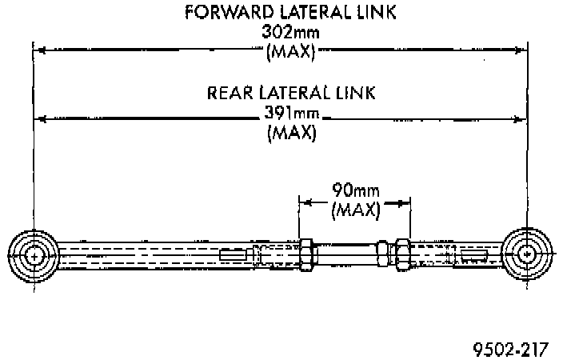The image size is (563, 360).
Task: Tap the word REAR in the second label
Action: click(230, 92)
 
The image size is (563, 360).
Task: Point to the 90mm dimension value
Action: click(354, 192)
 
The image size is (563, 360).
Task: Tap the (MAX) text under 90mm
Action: click(354, 212)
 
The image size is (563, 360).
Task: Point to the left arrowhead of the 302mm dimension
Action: click(38, 50)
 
